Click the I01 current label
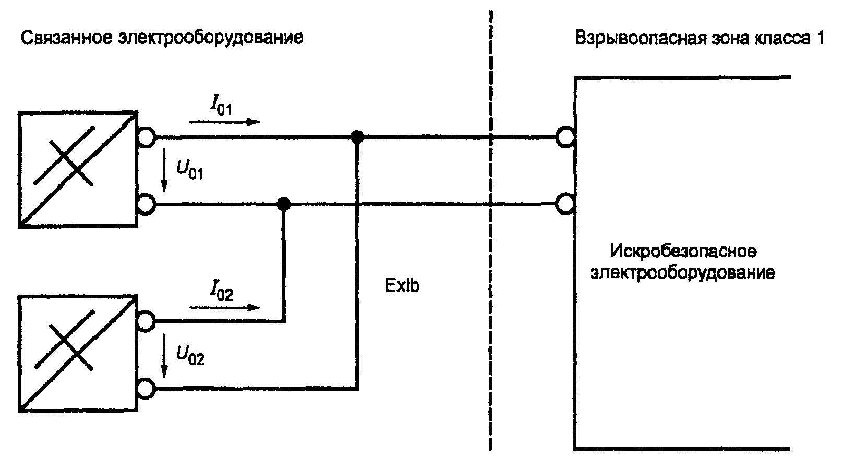[x=221, y=105]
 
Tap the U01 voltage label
[x=190, y=169]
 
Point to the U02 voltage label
[x=190, y=355]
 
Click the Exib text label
[x=402, y=285]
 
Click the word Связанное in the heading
[x=66, y=38]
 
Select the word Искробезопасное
[x=683, y=251]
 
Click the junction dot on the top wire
[x=357, y=137]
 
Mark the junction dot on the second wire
[x=284, y=205]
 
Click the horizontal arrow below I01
[x=225, y=122]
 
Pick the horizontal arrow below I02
[x=225, y=307]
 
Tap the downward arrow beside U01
[x=164, y=170]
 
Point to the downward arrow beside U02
[x=164, y=356]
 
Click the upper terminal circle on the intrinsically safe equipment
[x=565, y=137]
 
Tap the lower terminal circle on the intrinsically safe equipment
[x=565, y=205]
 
